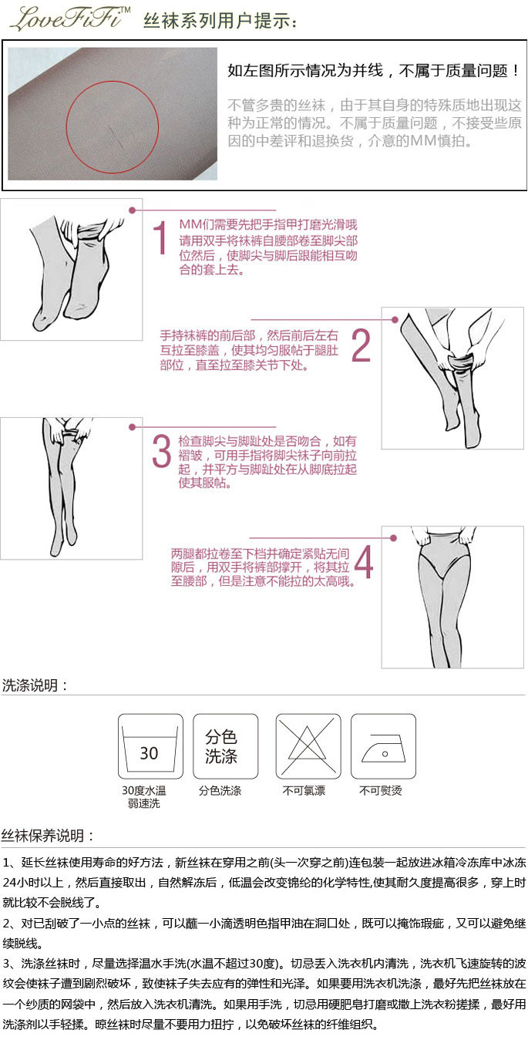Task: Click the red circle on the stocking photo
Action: point(112,82)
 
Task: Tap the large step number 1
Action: point(160,237)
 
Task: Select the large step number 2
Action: point(361,345)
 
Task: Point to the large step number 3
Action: point(162,451)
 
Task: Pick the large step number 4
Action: point(364,561)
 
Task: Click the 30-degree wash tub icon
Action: point(150,746)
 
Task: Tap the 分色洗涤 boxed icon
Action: point(225,746)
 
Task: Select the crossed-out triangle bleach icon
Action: point(308,746)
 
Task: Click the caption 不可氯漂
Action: point(304,791)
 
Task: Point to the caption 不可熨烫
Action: point(381,791)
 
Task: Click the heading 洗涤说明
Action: point(35,685)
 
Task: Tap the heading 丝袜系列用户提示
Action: point(220,21)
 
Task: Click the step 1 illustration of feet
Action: point(71,270)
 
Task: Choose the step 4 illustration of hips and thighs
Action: point(452,597)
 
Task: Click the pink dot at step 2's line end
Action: point(395,320)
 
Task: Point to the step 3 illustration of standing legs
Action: point(71,489)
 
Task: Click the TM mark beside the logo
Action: point(125,9)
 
